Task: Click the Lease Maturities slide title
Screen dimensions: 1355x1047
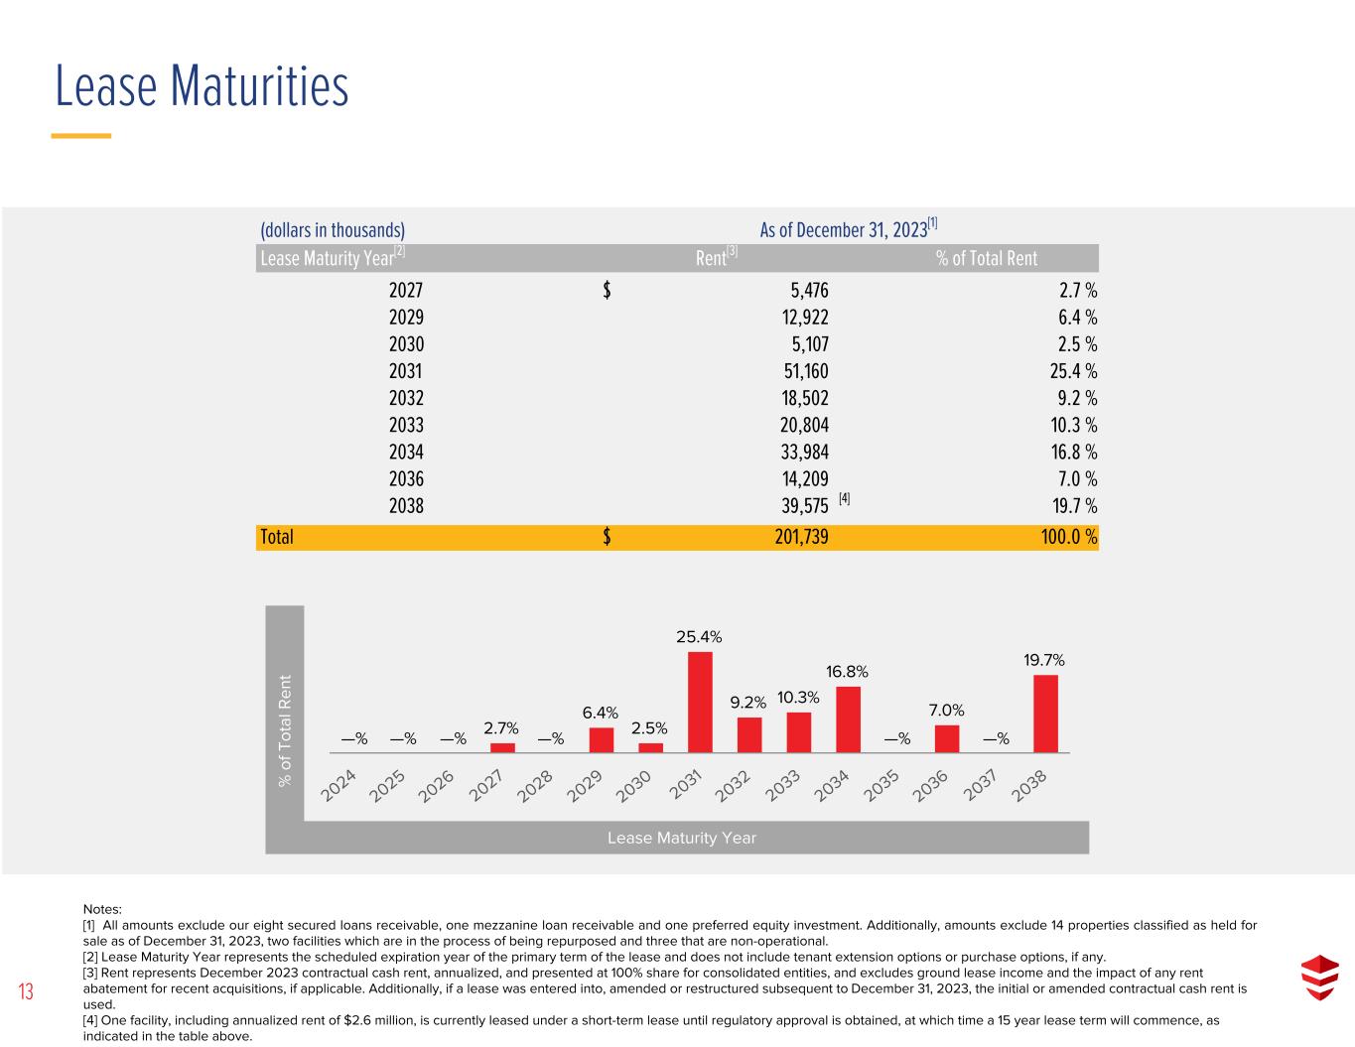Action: pos(202,86)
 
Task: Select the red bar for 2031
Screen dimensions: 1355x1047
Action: pos(700,702)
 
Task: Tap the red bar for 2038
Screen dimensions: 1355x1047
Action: pos(1045,714)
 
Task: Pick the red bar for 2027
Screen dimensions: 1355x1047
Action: pos(502,748)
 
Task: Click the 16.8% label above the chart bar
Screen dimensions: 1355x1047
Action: pos(847,671)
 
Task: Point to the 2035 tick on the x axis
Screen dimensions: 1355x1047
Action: pos(881,785)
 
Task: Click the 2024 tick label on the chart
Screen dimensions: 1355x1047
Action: pos(338,785)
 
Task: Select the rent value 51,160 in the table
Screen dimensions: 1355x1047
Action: pos(806,371)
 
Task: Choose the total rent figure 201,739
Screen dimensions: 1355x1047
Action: pos(801,537)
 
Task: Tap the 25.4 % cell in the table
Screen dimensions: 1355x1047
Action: pos(1073,371)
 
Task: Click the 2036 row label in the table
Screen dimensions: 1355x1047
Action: pos(406,479)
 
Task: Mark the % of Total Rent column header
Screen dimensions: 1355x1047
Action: pos(987,258)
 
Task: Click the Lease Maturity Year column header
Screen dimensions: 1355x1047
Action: pos(333,257)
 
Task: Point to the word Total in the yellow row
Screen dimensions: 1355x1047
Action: pos(276,537)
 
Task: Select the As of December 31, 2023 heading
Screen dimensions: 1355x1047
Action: pos(848,228)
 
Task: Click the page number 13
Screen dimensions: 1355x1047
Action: pos(26,991)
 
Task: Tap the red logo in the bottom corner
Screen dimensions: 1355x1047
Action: pos(1319,978)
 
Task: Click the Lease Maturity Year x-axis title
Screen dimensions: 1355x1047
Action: pos(682,838)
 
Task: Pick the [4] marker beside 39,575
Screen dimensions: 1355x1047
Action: pos(844,498)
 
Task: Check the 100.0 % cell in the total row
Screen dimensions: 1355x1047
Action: pos(1069,537)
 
